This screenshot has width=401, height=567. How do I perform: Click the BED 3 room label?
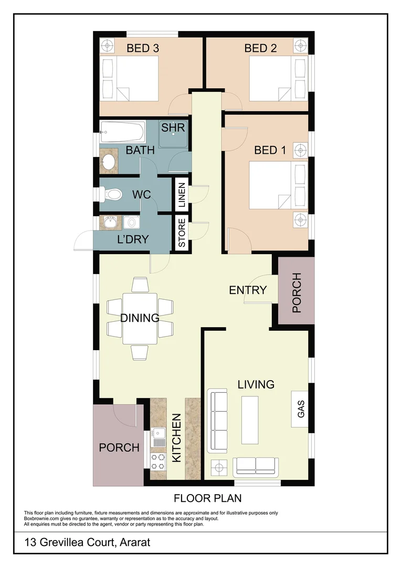(x=143, y=48)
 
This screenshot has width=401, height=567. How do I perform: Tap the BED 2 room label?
(x=260, y=48)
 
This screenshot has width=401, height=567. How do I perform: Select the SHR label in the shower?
(x=173, y=128)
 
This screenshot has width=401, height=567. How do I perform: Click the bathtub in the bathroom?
(x=122, y=131)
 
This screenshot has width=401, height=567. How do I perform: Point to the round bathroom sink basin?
(x=109, y=161)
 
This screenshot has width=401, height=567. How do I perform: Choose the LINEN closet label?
(x=182, y=194)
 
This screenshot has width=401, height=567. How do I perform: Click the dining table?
(x=140, y=318)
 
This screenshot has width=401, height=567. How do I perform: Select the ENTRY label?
(x=248, y=290)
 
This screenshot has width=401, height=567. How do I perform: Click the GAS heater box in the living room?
(x=301, y=407)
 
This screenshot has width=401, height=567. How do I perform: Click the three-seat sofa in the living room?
(x=218, y=420)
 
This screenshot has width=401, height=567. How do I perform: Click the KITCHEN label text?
(x=177, y=438)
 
